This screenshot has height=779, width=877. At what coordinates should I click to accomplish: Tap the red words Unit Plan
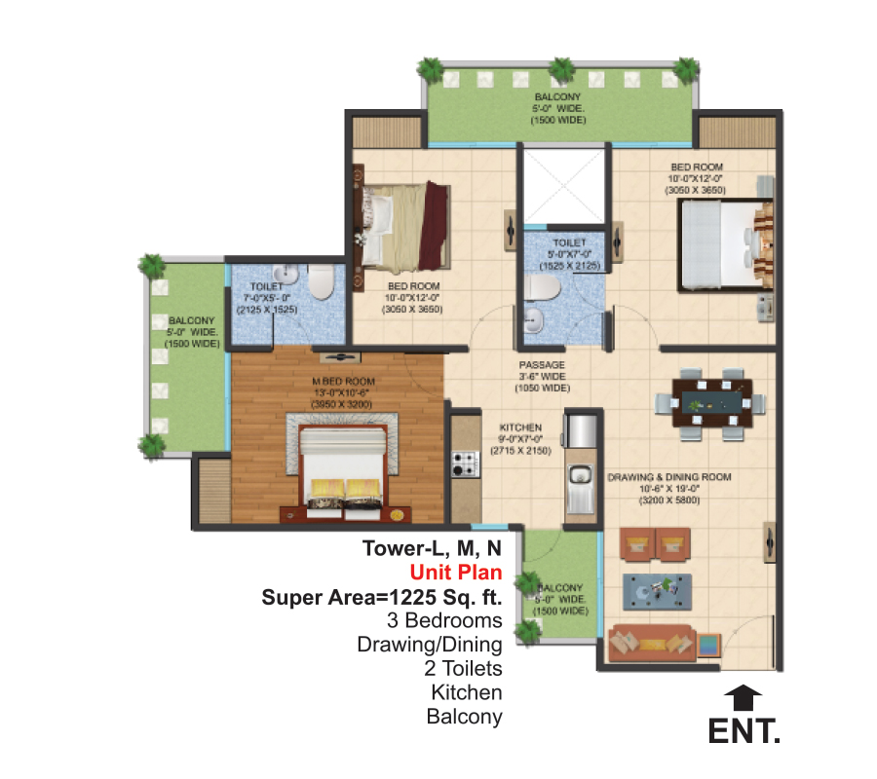point(455,572)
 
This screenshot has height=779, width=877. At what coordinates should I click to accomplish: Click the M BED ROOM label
point(343,381)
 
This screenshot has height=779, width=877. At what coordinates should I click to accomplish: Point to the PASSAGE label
point(542,366)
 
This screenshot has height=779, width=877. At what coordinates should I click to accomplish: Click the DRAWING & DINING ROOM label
point(667,477)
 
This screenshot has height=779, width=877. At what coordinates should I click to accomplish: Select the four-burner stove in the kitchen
point(463,465)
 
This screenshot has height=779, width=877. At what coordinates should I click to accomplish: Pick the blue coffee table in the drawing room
point(658,587)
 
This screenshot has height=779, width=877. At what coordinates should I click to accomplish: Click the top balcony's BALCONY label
point(557,97)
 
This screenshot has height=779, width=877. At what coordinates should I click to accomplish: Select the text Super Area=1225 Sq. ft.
point(382,597)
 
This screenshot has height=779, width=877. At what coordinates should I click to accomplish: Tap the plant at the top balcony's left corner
point(428,69)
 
